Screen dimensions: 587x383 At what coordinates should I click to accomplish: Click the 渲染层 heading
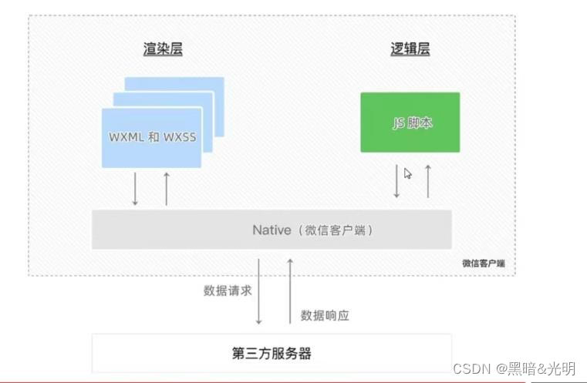click(x=162, y=50)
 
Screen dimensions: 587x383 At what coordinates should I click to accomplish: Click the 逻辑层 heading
click(x=410, y=50)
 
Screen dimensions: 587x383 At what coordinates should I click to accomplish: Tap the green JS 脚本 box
click(x=410, y=122)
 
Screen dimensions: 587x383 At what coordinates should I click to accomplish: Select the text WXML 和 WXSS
click(x=151, y=138)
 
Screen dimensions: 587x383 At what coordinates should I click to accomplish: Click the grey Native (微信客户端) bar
click(x=272, y=230)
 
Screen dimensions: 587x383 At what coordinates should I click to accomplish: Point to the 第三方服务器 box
click(x=272, y=354)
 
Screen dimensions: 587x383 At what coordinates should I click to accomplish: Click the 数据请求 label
click(x=228, y=291)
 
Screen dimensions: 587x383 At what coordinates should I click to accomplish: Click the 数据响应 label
click(x=325, y=315)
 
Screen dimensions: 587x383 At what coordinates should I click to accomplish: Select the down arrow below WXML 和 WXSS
click(x=135, y=189)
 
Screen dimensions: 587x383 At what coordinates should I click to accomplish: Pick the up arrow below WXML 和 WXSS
click(x=166, y=189)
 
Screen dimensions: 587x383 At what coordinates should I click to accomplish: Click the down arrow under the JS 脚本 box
click(x=396, y=181)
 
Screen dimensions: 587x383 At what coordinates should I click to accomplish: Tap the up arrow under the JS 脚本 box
click(x=427, y=181)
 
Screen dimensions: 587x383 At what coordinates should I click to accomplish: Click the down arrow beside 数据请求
click(x=259, y=292)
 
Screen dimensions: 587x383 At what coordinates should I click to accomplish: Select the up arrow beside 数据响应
click(x=290, y=292)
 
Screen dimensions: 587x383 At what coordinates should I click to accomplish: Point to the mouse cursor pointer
click(x=407, y=173)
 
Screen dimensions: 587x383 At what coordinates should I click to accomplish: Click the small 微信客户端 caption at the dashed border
click(x=484, y=264)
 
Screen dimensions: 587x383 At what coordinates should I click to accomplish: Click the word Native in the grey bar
click(x=272, y=230)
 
